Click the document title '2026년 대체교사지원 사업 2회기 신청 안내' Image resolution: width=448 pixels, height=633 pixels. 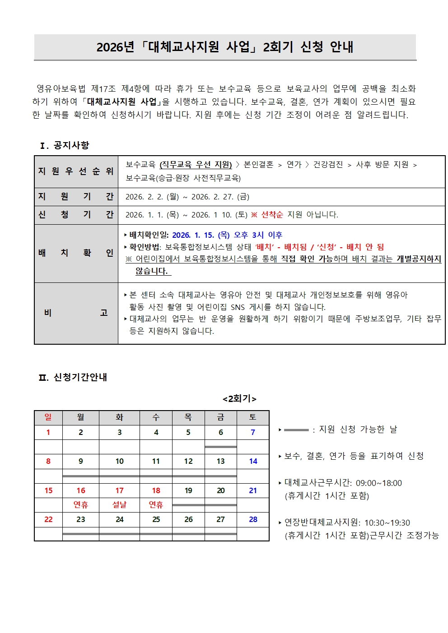coord(224,47)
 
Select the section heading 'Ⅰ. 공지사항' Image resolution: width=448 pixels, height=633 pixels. coord(65,145)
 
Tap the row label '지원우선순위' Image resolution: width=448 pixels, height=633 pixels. coord(76,171)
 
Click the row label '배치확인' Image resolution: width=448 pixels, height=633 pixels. coord(76,253)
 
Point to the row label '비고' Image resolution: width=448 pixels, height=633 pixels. coord(76,313)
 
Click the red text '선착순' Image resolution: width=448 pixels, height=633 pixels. coord(272,215)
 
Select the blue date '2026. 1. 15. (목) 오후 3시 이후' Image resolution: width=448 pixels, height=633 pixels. coord(227,235)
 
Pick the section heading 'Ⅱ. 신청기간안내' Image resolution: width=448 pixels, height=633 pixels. coord(73,377)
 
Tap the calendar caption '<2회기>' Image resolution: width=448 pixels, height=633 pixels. coord(239,399)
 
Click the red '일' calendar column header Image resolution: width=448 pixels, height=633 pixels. coord(48,417)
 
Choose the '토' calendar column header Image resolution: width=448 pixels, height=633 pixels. coord(253,417)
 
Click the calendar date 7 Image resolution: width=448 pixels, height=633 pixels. coord(253,432)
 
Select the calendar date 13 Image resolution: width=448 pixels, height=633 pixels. coord(220,461)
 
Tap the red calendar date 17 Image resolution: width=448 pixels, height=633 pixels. coord(119,490)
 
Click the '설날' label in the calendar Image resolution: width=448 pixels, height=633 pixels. coord(119,505)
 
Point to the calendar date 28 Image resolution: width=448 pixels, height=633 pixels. coord(253,519)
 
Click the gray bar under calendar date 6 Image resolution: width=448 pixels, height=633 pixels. coord(220,447)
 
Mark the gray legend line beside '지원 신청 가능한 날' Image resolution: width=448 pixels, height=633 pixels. coord(296,430)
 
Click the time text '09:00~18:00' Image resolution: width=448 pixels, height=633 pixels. coord(378,483)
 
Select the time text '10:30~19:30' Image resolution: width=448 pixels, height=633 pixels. coord(387,523)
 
